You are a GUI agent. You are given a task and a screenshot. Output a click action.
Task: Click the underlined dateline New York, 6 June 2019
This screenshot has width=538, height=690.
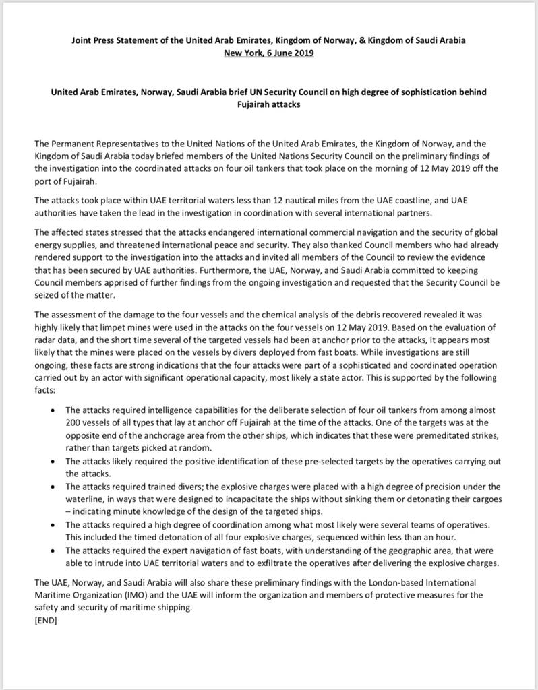coord(268,53)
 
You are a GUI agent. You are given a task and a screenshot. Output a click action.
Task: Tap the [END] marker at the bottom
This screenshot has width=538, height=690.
coord(46,621)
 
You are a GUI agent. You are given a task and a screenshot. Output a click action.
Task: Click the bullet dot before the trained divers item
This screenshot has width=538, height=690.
coord(53,487)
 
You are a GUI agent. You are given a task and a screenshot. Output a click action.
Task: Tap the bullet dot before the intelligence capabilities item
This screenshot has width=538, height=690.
coord(53,410)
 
